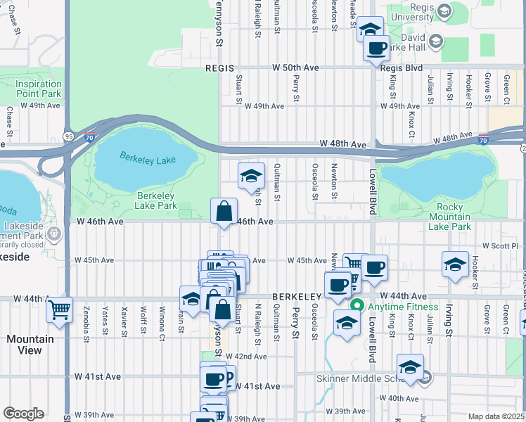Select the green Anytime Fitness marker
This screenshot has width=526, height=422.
(x=357, y=306)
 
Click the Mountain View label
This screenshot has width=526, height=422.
(x=30, y=344)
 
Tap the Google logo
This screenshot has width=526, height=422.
(x=23, y=413)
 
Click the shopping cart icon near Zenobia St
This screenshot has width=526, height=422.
(x=59, y=309)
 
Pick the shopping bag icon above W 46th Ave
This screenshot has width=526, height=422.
(x=224, y=210)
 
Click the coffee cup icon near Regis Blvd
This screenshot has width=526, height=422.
(x=376, y=49)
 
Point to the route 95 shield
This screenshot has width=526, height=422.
(x=68, y=136)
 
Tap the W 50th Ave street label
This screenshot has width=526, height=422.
(x=297, y=68)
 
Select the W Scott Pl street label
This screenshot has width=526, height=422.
(x=499, y=246)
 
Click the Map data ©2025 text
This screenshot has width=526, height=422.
(x=495, y=416)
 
